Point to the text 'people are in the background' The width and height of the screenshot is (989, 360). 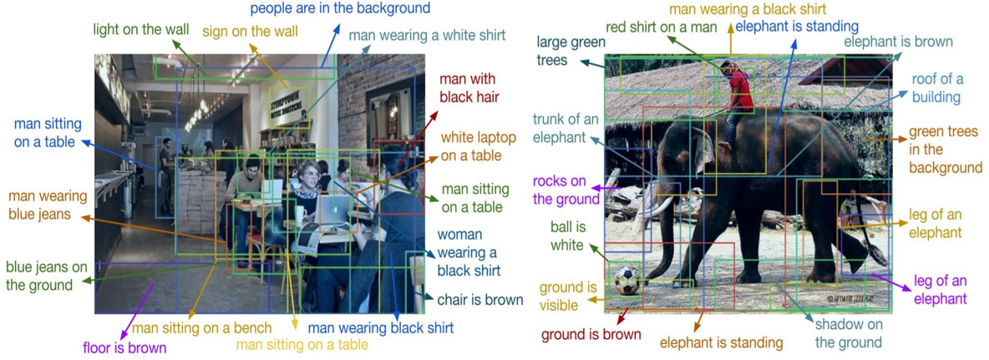click(x=340, y=9)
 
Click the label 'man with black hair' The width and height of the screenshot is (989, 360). click(x=468, y=87)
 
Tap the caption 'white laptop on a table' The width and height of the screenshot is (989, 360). click(x=479, y=146)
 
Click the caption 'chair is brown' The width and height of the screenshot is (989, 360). click(x=479, y=300)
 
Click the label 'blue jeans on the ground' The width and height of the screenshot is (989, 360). click(x=47, y=276)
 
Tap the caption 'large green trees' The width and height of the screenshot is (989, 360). click(x=562, y=51)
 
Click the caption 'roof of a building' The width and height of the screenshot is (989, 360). click(x=937, y=88)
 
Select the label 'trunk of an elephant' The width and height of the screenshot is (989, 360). click(x=566, y=128)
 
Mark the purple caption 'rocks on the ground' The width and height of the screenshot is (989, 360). click(x=566, y=190)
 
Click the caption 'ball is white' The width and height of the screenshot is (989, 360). click(x=567, y=236)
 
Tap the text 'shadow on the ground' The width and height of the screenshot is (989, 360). click(x=848, y=334)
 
